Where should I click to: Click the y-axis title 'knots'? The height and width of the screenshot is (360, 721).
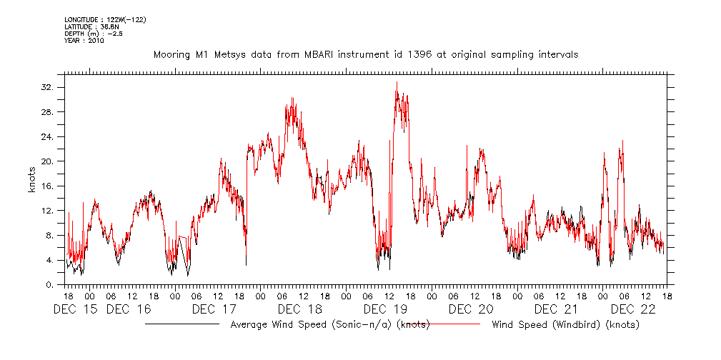pos(31,179)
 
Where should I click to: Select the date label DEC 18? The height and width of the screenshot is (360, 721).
pos(299,309)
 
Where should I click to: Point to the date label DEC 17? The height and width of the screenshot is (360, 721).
pos(214,309)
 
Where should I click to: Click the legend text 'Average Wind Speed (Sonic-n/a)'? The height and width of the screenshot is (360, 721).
pos(312,325)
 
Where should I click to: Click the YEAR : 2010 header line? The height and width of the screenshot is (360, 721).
pos(84,41)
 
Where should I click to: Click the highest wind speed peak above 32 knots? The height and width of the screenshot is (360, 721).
pos(397,82)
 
